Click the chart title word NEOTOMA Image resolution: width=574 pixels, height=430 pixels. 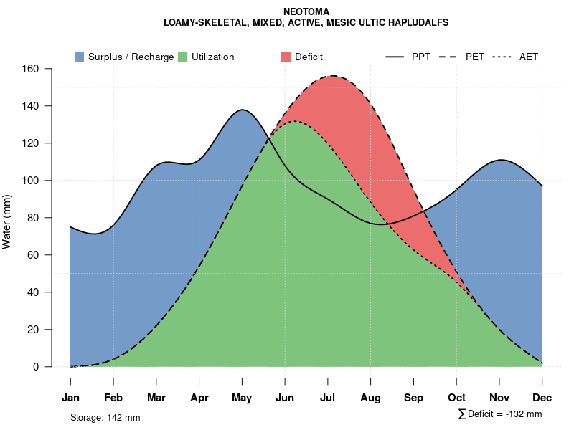coord(306,11)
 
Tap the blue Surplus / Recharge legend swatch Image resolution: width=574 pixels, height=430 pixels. coord(79,57)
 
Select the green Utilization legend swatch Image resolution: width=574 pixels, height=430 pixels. coord(182,57)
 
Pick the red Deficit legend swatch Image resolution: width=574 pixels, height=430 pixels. coord(286,57)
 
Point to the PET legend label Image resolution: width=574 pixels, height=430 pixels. coord(475,57)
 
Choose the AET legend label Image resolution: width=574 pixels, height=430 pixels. coord(529,57)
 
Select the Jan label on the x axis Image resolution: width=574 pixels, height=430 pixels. coord(70,398)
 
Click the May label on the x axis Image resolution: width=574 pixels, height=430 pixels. coord(242,398)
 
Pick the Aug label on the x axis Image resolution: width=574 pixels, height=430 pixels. coord(370,398)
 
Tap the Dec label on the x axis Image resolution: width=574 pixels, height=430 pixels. coord(542,398)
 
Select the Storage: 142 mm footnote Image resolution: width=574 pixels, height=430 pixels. coord(105,417)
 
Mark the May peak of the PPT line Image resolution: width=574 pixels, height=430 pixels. coord(243,110)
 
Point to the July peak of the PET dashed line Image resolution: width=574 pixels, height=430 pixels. coord(332,75)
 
